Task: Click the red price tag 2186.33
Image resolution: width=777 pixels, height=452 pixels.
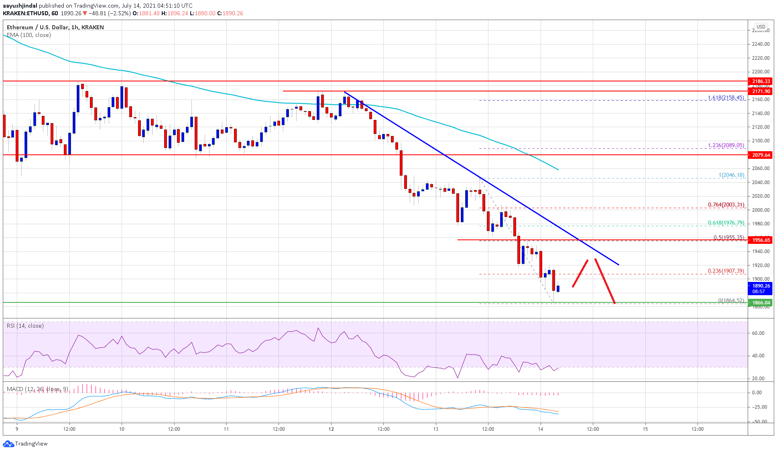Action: pos(761,81)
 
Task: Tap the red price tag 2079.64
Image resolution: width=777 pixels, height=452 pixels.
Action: pos(761,155)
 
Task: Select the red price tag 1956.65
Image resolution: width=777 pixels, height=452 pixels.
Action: pos(761,240)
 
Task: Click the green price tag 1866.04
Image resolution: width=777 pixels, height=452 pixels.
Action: pos(761,303)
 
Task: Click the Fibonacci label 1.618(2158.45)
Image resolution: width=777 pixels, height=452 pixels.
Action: pos(726,97)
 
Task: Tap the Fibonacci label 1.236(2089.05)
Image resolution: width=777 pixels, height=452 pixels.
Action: pos(726,146)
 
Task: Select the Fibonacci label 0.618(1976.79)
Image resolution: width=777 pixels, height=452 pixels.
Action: pos(726,223)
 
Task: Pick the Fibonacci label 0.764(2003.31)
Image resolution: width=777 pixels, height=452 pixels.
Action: pos(726,205)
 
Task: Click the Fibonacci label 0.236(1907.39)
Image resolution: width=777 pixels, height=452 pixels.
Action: pos(726,271)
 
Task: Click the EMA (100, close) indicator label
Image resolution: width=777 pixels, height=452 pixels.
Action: pos(29,35)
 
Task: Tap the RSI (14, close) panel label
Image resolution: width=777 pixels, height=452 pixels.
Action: pos(25,326)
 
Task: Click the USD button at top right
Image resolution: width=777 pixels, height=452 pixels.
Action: pos(761,27)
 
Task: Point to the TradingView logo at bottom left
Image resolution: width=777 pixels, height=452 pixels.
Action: pos(25,444)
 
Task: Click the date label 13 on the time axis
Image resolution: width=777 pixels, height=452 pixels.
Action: pos(436,429)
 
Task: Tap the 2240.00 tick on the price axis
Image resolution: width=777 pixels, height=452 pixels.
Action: pos(761,44)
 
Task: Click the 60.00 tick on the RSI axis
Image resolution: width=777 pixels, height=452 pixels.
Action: pos(758,333)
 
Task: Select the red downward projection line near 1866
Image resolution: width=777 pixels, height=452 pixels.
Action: pos(604,281)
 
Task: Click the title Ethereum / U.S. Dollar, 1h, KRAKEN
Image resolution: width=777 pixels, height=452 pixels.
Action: pos(55,27)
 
